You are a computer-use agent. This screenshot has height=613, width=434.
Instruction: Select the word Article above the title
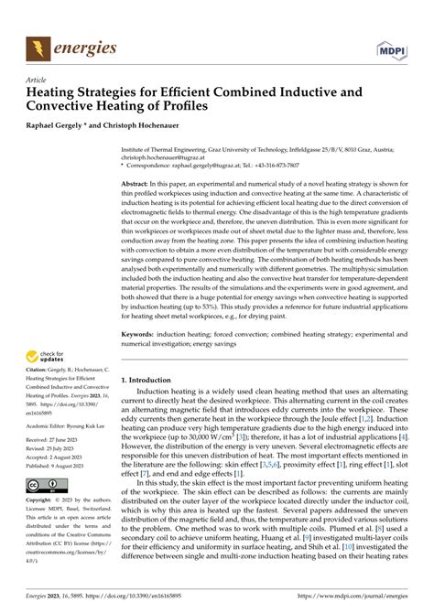39,80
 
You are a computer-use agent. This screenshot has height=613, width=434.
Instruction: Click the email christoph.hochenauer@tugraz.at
172,156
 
